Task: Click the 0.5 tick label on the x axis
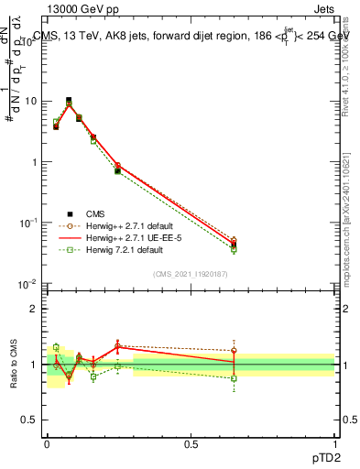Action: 191,442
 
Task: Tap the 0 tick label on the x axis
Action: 47,442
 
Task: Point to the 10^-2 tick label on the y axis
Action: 31,284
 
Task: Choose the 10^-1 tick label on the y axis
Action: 31,223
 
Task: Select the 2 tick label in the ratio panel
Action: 37,309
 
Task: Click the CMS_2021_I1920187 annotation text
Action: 190,273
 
